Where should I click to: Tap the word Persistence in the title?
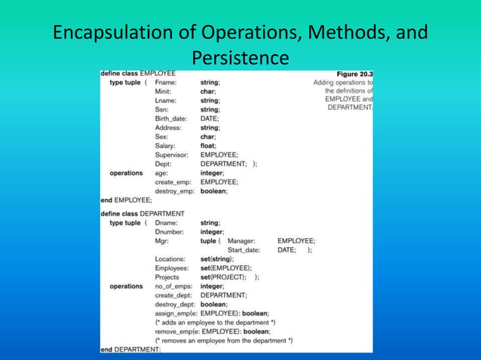click(240, 57)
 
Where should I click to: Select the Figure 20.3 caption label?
click(354, 74)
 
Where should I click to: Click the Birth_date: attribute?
click(171, 118)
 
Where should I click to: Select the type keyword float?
click(208, 145)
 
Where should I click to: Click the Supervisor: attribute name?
click(172, 154)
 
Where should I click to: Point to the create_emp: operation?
click(173, 182)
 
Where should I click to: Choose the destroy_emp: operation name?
click(175, 191)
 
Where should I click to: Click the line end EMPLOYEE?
click(126, 200)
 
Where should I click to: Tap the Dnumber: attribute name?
click(170, 232)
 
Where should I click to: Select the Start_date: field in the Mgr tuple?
click(244, 250)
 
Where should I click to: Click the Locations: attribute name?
click(172, 259)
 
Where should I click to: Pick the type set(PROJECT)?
click(226, 277)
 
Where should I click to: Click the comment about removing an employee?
click(224, 340)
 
